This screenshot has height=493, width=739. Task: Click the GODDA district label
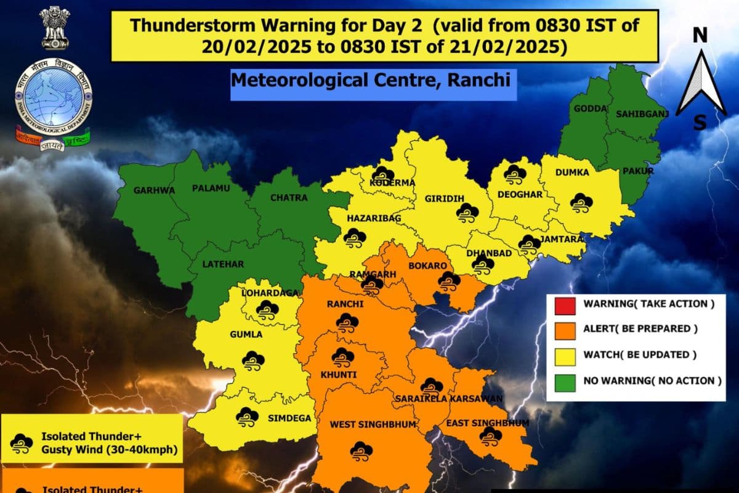pyautogui.click(x=586, y=108)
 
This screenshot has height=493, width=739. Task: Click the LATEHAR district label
pyautogui.click(x=224, y=264)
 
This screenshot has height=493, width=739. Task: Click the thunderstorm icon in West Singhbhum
pyautogui.click(x=361, y=450)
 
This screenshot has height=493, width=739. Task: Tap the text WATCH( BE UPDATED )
pyautogui.click(x=640, y=355)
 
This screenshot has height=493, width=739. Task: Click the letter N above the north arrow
pyautogui.click(x=700, y=36)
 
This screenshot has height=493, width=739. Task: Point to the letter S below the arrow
pyautogui.click(x=700, y=123)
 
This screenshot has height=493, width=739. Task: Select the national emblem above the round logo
pyautogui.click(x=55, y=28)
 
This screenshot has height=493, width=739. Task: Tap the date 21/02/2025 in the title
pyautogui.click(x=530, y=46)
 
